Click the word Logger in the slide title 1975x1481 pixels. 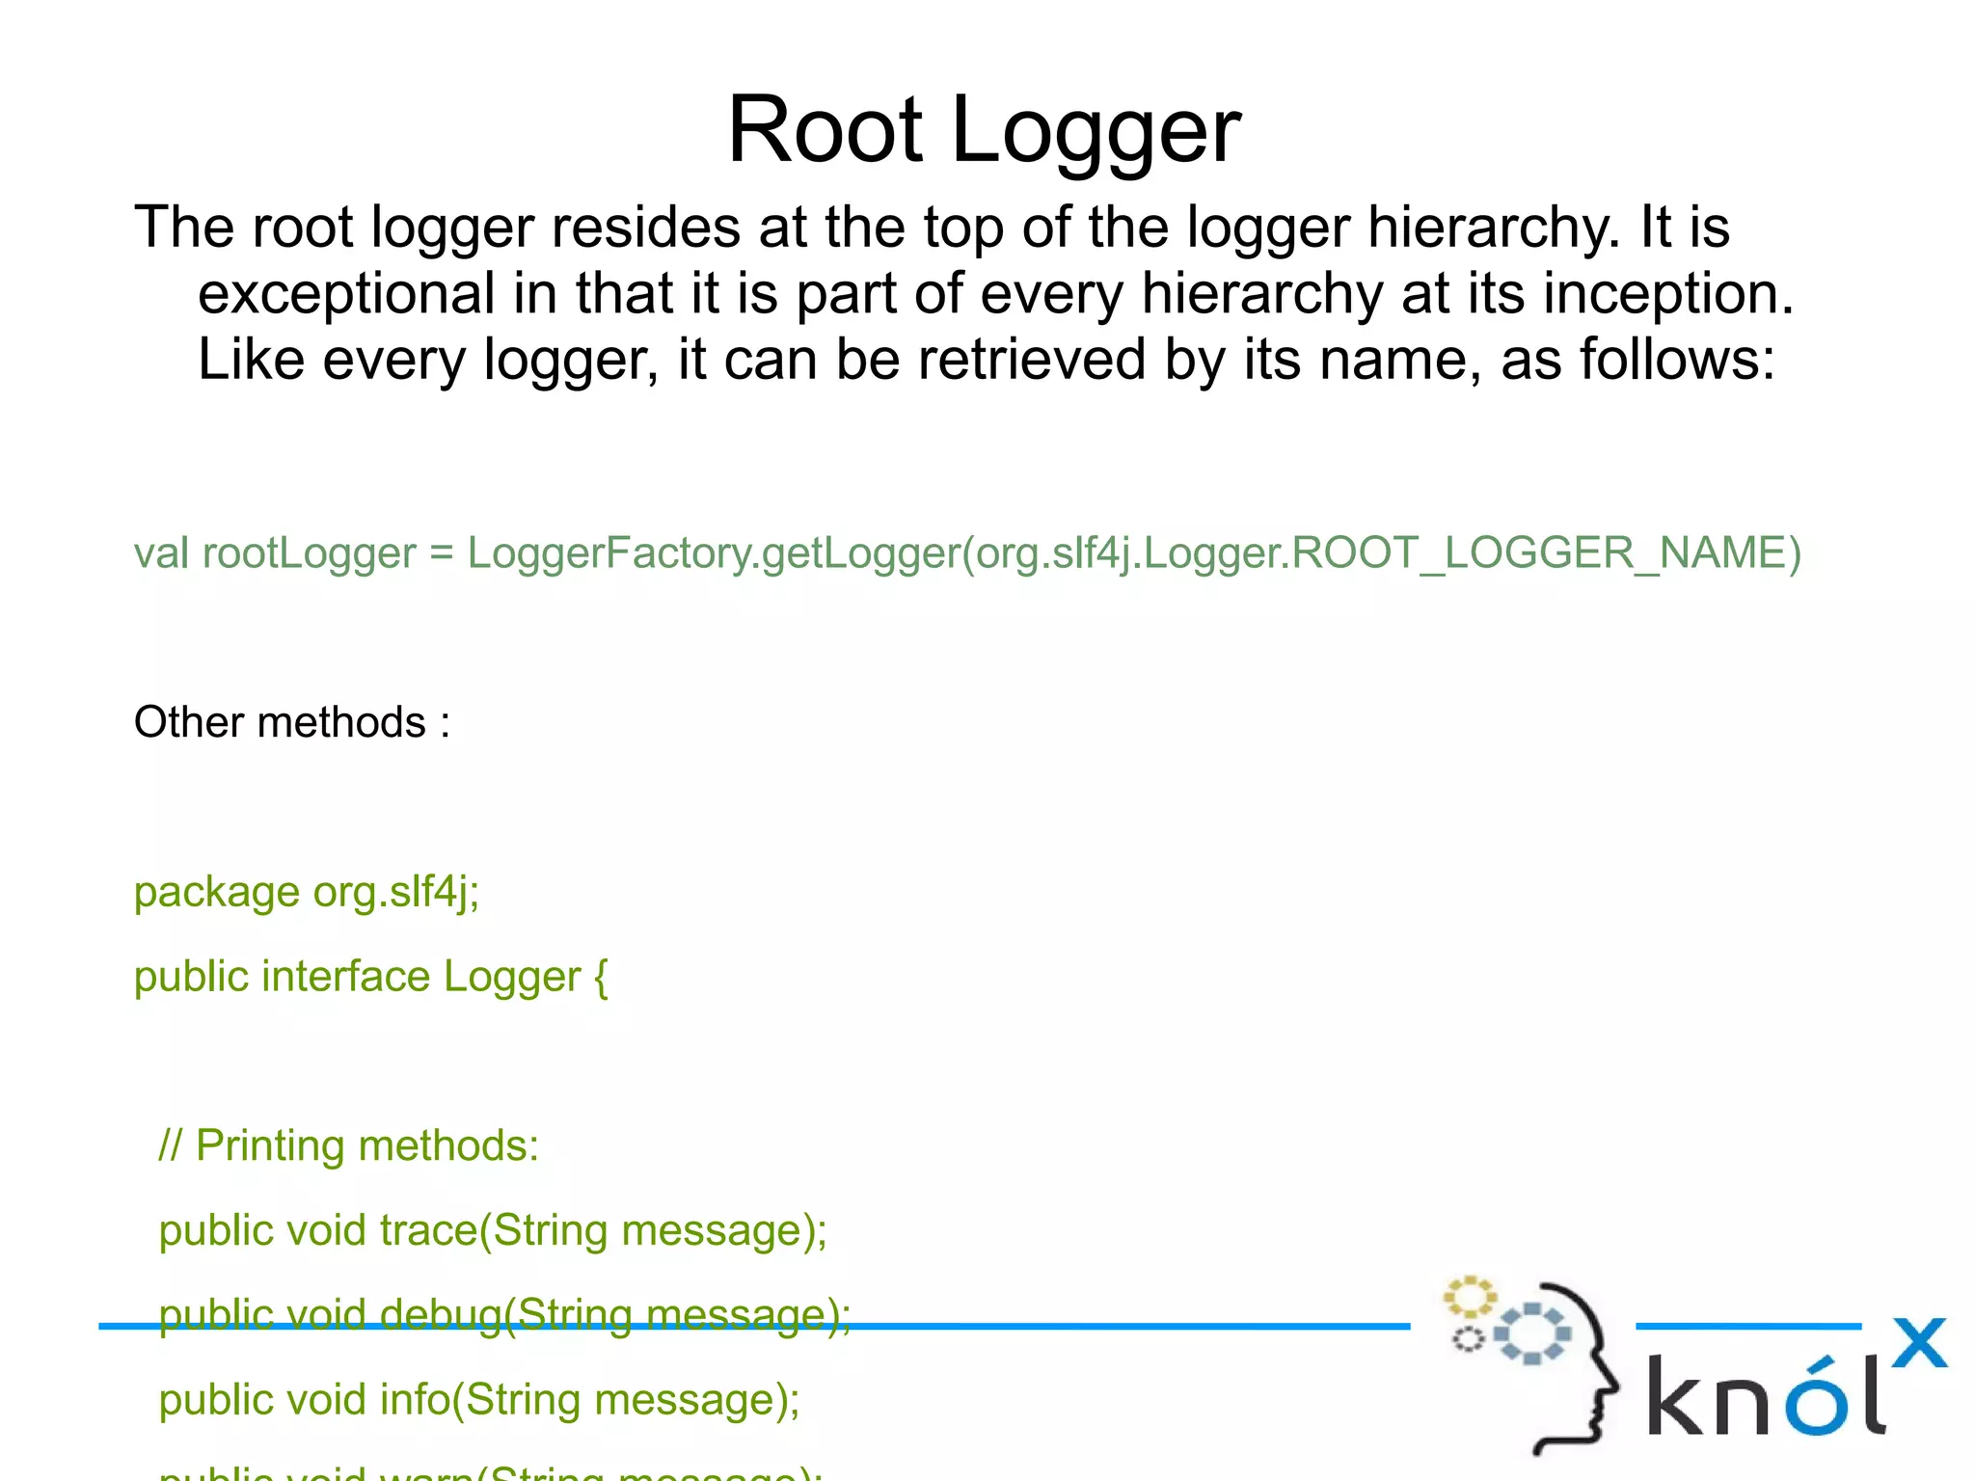(1096, 133)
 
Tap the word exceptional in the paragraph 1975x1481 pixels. (346, 293)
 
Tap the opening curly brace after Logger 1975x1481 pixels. (601, 978)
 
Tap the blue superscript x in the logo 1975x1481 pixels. (1919, 1342)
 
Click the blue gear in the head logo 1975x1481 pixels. (1531, 1333)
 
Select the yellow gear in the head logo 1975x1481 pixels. (1469, 1297)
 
